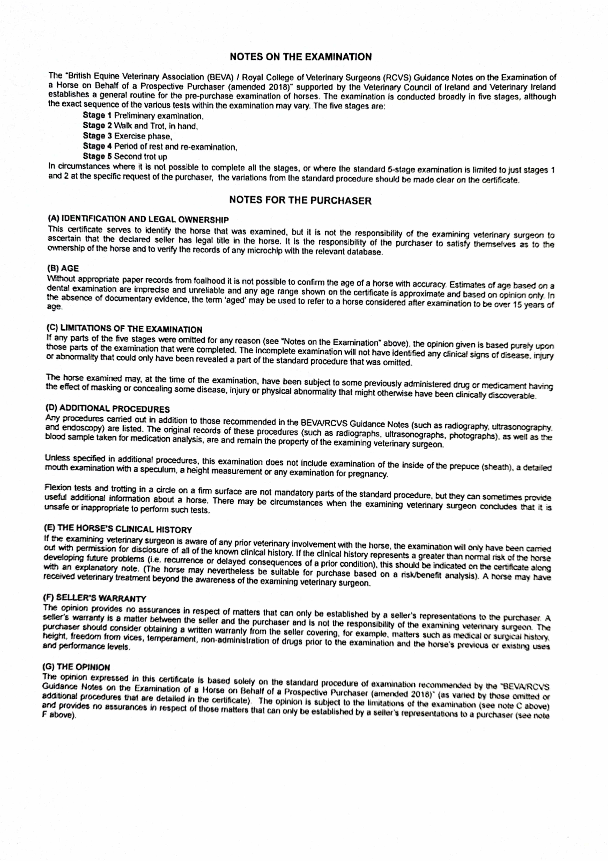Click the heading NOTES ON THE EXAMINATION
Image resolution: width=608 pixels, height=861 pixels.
point(301,57)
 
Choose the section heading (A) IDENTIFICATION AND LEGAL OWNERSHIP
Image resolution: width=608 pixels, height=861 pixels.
point(138,219)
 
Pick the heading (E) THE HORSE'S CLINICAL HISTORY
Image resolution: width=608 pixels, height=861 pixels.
point(118,529)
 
